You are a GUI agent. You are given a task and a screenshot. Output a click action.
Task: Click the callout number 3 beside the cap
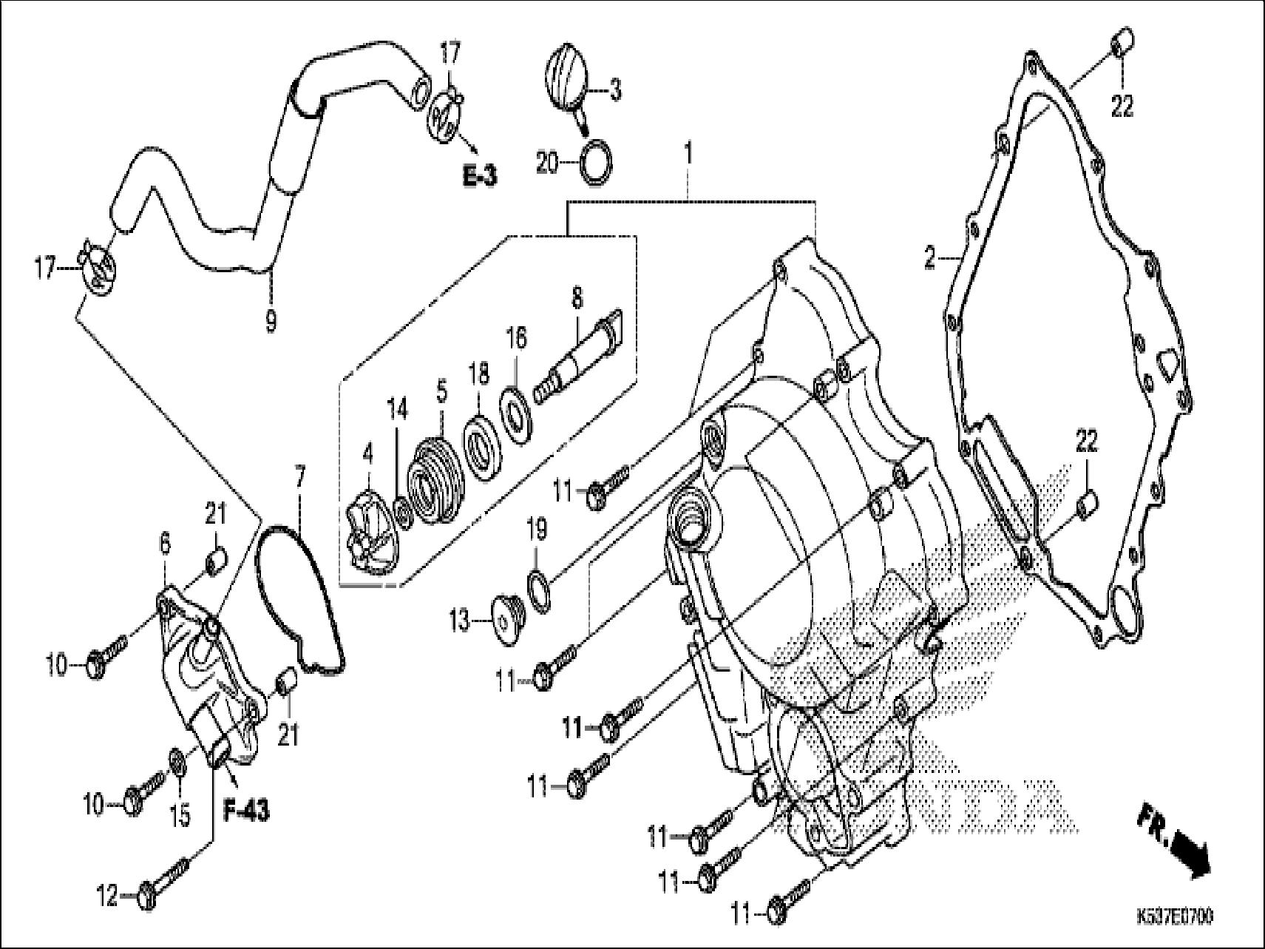[614, 92]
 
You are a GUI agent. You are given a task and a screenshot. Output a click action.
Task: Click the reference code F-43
[246, 811]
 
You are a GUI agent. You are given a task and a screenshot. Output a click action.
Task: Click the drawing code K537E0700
[1175, 916]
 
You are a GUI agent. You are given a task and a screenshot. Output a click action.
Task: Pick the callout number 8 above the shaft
[577, 298]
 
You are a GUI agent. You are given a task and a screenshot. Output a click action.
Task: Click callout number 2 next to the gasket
[930, 259]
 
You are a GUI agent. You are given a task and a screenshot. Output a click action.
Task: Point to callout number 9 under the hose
[271, 321]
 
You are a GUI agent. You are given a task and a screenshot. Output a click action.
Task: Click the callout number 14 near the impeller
[399, 409]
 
